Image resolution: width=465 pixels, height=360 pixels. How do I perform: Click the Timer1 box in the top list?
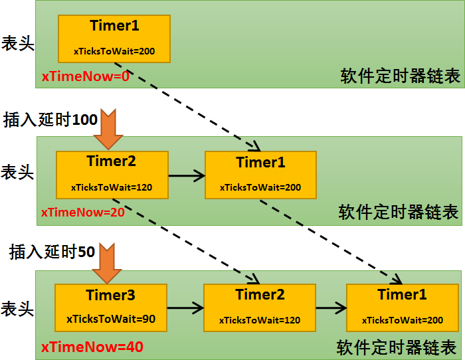coord(114,39)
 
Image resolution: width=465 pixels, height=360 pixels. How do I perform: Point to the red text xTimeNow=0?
coord(85,76)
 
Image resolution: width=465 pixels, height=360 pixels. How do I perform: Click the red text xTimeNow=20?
coord(82,213)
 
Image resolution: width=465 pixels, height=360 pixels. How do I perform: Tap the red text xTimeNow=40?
coord(92,347)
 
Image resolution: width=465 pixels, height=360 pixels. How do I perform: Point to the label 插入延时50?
coord(52,252)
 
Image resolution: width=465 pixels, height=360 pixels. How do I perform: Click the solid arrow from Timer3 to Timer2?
coord(185,308)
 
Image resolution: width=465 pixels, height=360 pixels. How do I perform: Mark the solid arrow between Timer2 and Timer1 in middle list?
coord(186,176)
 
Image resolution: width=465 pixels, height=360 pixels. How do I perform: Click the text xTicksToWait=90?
coord(110,319)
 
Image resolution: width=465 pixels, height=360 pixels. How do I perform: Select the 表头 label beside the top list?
coord(17,44)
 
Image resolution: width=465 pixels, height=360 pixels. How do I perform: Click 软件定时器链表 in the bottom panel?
coord(397,347)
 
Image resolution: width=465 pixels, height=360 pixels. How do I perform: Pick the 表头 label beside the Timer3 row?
coord(17,309)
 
